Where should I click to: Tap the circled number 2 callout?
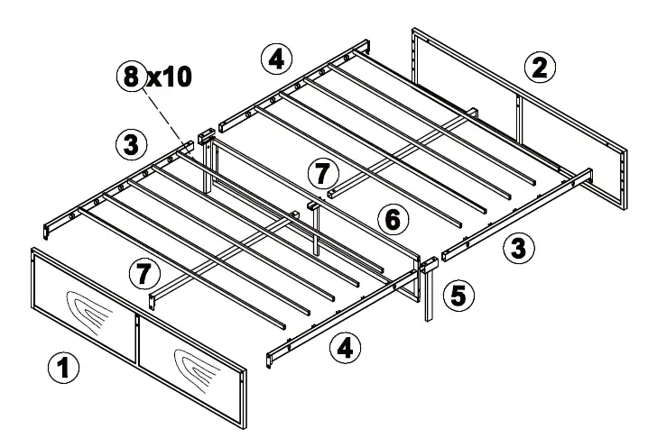(x=539, y=66)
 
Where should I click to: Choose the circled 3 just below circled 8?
(x=131, y=142)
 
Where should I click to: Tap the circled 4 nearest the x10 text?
(x=276, y=59)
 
